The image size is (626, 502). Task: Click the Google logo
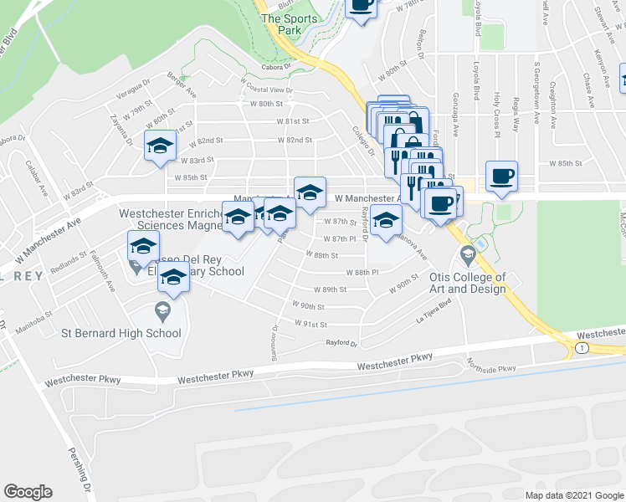[28, 492]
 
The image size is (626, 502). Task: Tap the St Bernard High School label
[121, 333]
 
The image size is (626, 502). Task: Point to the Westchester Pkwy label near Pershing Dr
[84, 380]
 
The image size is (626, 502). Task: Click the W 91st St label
[310, 323]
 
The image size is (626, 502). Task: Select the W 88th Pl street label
[362, 272]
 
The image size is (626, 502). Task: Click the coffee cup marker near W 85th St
[501, 177]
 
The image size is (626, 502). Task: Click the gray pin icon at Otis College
[467, 253]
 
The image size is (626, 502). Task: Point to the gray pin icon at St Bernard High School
[163, 312]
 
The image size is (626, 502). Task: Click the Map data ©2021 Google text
[574, 495]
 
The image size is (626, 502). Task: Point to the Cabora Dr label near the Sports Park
[274, 65]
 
